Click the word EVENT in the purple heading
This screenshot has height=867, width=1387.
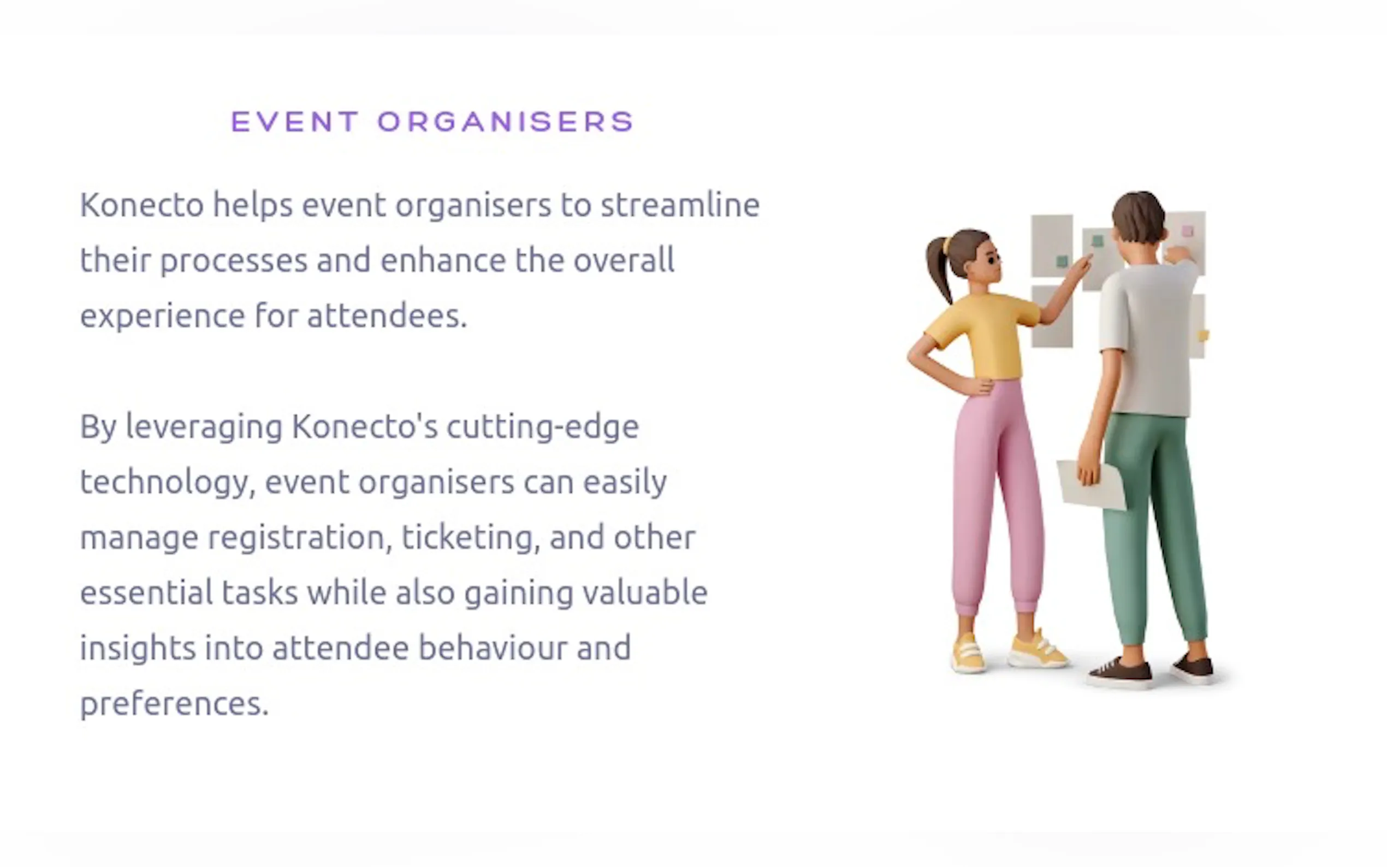pyautogui.click(x=295, y=122)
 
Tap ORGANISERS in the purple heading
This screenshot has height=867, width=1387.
pyautogui.click(x=506, y=122)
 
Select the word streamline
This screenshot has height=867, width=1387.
pyautogui.click(x=680, y=205)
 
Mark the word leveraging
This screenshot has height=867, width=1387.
pyautogui.click(x=204, y=427)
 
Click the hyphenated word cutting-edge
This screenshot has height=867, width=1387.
pyautogui.click(x=542, y=427)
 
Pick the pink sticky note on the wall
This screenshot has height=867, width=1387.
pyautogui.click(x=1188, y=231)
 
